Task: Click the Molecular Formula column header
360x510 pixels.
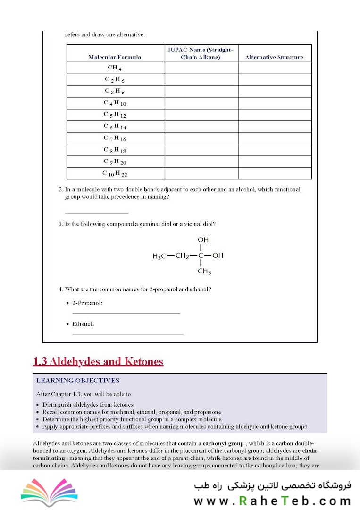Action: pos(115,57)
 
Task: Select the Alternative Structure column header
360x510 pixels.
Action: pos(274,57)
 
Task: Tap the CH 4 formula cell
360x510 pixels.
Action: pos(115,68)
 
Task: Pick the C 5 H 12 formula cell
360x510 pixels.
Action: pos(115,115)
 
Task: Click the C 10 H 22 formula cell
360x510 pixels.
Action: pos(115,174)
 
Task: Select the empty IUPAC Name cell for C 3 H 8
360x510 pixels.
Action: pos(201,91)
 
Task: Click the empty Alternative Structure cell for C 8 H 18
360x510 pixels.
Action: pos(275,150)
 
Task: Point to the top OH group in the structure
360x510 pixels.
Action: pos(203,240)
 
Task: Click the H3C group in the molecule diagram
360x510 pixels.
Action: pos(159,256)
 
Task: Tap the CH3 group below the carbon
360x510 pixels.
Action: pos(204,272)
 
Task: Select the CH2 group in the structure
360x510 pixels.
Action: pos(182,256)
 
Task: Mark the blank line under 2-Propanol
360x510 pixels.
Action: pos(126,313)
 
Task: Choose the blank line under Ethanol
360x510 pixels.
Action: pos(127,334)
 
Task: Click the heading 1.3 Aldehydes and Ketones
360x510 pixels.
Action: pos(98,362)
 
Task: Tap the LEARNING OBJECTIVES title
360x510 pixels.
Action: pos(78,381)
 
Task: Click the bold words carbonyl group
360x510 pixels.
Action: pos(223,444)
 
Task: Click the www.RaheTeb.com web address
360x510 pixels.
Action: pos(272,501)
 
